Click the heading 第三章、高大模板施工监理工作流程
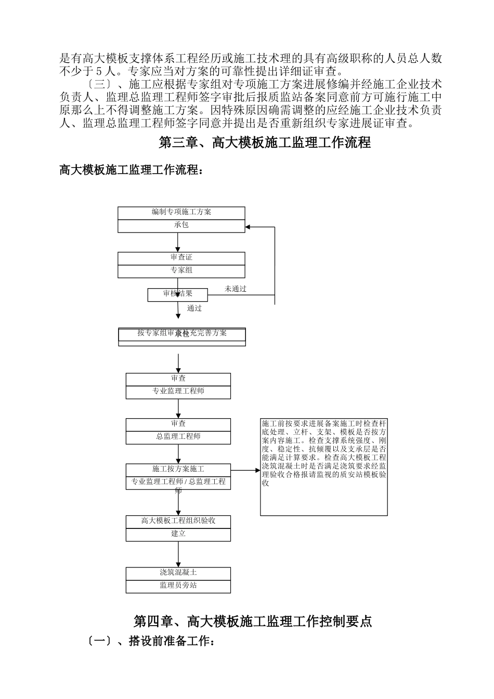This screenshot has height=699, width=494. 264,143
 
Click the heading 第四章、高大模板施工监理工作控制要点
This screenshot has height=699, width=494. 253,621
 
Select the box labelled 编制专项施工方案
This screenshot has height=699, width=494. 181,213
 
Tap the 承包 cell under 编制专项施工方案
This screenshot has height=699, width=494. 181,226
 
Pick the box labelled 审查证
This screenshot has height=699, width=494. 181,258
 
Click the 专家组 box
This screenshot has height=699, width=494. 181,271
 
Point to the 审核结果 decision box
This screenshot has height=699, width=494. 178,295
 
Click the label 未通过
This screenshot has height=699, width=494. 236,289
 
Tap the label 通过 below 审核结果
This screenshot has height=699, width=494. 194,308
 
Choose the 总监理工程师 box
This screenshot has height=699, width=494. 178,437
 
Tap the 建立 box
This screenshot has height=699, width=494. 178,535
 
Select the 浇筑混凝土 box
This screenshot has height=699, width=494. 178,573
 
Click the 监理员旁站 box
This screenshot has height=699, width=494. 178,586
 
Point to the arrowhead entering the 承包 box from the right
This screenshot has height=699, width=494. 248,227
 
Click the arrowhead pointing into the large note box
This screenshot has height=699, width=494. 257,470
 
